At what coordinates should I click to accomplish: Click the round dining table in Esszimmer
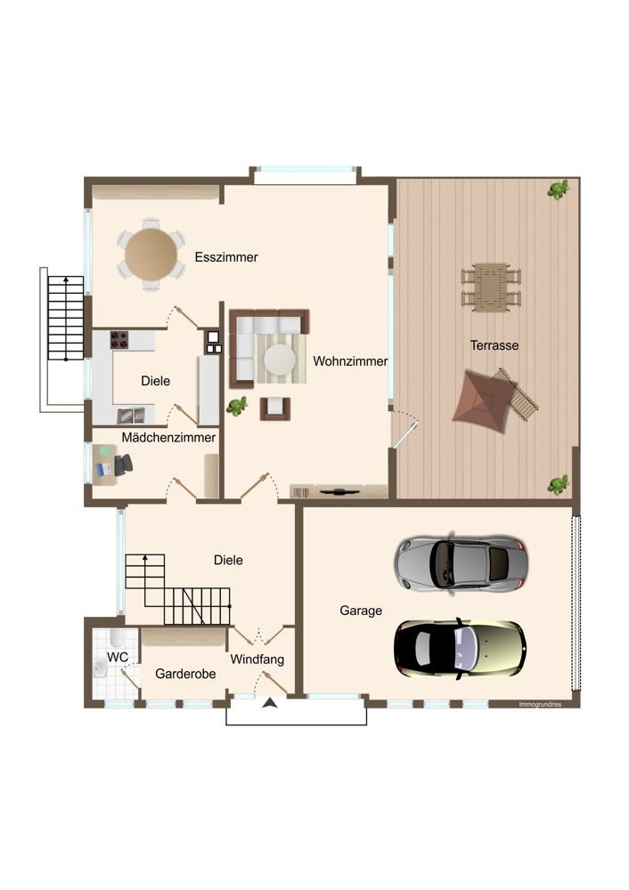[151, 254]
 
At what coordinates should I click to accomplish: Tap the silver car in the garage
[462, 563]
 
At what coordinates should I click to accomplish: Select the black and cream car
[461, 649]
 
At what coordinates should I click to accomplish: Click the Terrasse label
[494, 345]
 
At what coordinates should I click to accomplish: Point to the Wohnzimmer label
[350, 361]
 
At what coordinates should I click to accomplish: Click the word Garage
[361, 611]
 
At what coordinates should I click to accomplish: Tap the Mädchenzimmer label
[168, 437]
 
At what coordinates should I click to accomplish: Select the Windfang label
[257, 659]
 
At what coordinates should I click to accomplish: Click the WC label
[118, 658]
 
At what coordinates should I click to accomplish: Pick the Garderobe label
[185, 674]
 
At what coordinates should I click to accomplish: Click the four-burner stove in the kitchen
[119, 339]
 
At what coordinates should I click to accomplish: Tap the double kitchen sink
[131, 416]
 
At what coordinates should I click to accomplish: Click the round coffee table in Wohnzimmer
[280, 360]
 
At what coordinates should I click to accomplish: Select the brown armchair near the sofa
[275, 409]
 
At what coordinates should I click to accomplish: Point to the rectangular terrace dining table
[491, 287]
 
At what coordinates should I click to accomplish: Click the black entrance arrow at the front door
[270, 703]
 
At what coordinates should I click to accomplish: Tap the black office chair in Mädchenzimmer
[123, 465]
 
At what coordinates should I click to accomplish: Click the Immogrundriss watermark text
[540, 704]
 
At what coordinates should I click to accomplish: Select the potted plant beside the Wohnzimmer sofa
[237, 406]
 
